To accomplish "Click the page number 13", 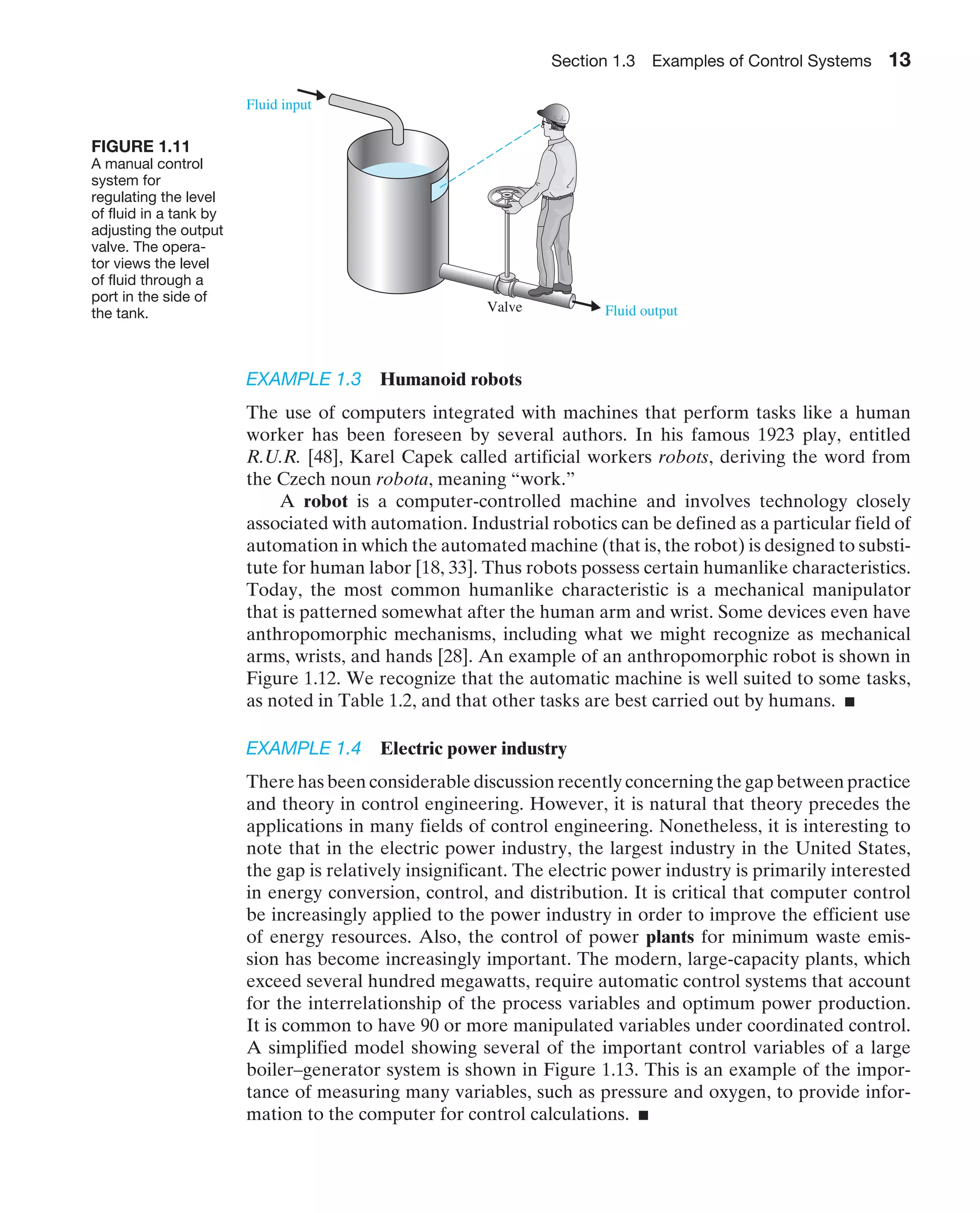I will (899, 60).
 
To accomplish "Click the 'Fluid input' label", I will (278, 104).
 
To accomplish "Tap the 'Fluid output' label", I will (641, 311).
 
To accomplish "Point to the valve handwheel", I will (503, 197).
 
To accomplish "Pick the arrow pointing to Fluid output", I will (587, 305).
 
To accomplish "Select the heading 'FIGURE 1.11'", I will (141, 146).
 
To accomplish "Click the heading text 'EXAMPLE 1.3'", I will (303, 379).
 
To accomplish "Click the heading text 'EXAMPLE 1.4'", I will (303, 748).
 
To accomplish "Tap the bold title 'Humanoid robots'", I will (450, 379).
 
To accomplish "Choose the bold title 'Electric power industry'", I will (473, 748).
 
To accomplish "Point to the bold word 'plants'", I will (669, 936).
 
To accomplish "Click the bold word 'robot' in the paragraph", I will (325, 501).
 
